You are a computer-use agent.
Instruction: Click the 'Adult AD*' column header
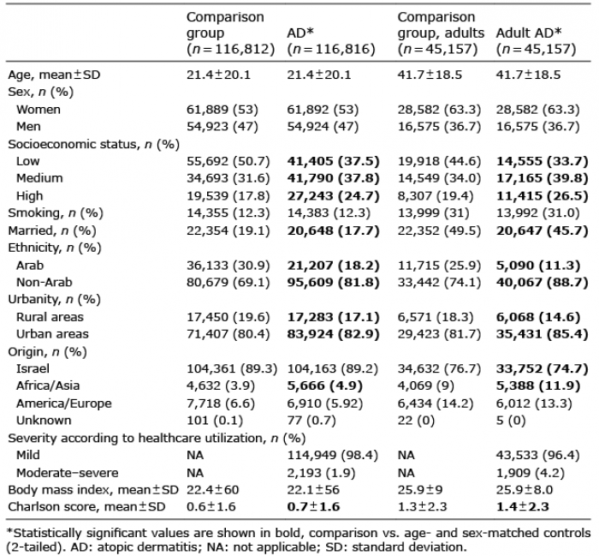click(536, 41)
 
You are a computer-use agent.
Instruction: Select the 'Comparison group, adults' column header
click(441, 33)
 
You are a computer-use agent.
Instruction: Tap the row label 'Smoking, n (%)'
click(56, 213)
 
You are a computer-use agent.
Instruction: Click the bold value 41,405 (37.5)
click(333, 161)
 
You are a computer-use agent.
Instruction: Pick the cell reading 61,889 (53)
click(222, 110)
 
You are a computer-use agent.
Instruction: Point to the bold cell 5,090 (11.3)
click(538, 265)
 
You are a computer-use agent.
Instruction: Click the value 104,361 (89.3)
click(232, 368)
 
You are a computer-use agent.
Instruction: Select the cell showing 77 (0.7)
click(311, 421)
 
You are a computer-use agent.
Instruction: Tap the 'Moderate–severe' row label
click(68, 473)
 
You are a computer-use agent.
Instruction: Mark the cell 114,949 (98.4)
click(332, 455)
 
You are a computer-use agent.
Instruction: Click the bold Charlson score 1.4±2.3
click(522, 506)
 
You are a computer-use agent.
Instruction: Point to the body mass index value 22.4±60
click(212, 489)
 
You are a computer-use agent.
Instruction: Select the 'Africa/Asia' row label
click(48, 386)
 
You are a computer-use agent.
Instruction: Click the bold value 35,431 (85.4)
click(542, 334)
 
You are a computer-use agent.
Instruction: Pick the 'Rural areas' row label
click(50, 317)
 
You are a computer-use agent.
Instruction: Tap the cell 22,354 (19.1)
click(228, 230)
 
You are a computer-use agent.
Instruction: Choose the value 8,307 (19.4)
click(435, 196)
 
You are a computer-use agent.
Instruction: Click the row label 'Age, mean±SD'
click(54, 75)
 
